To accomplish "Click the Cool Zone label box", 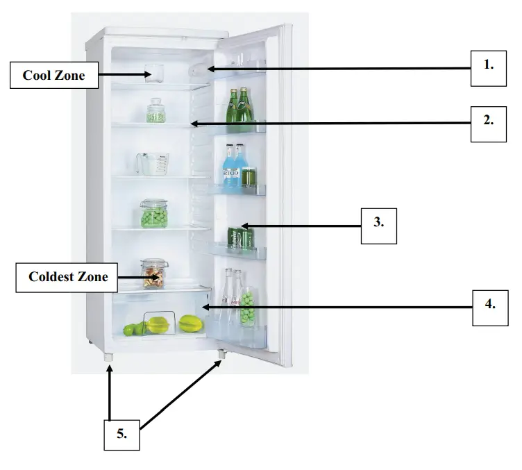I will [53, 75].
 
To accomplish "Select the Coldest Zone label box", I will [68, 277].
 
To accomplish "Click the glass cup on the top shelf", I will [154, 72].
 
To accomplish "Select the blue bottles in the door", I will [233, 165].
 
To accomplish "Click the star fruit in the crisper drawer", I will [158, 324].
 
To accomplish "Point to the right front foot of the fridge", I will [221, 354].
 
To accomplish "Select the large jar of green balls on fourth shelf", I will [153, 215].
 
